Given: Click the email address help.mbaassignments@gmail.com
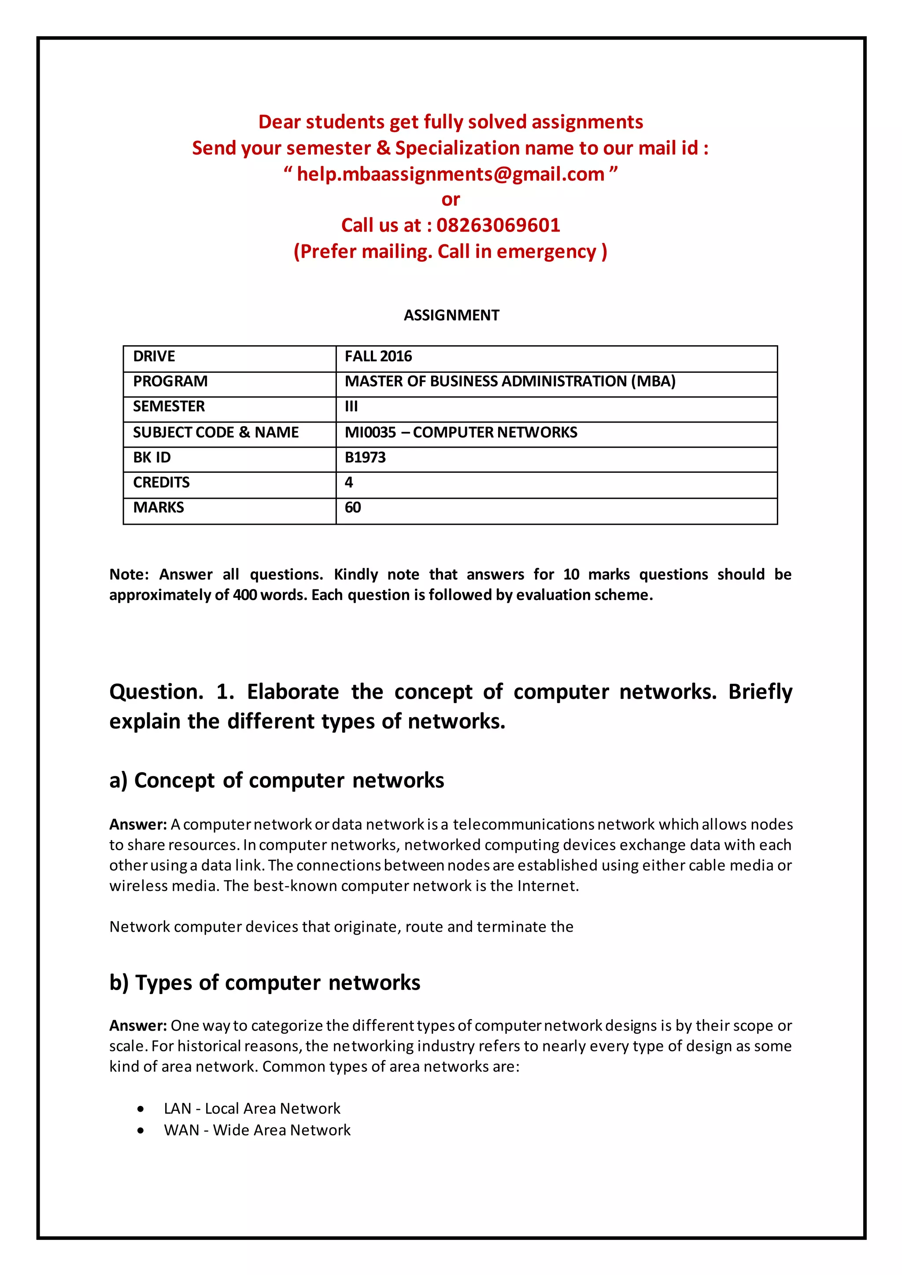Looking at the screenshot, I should [451, 174].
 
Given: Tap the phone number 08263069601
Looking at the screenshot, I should [498, 225].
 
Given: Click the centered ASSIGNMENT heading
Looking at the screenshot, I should [451, 315].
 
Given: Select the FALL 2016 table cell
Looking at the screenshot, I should [378, 357].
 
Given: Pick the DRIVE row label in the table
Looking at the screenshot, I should [154, 357].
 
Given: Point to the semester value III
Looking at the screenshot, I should [351, 406].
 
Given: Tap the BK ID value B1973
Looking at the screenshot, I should [365, 457].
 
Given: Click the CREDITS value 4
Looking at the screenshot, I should [349, 483].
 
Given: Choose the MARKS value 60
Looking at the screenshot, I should [353, 508].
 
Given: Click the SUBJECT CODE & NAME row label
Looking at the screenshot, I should [215, 433].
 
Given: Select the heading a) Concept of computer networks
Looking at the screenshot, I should [277, 781].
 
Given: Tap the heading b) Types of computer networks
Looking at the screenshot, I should [264, 983].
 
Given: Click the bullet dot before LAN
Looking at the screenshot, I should [141, 1109].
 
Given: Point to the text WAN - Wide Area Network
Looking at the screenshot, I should [257, 1131].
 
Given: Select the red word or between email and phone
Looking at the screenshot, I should [451, 200].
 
